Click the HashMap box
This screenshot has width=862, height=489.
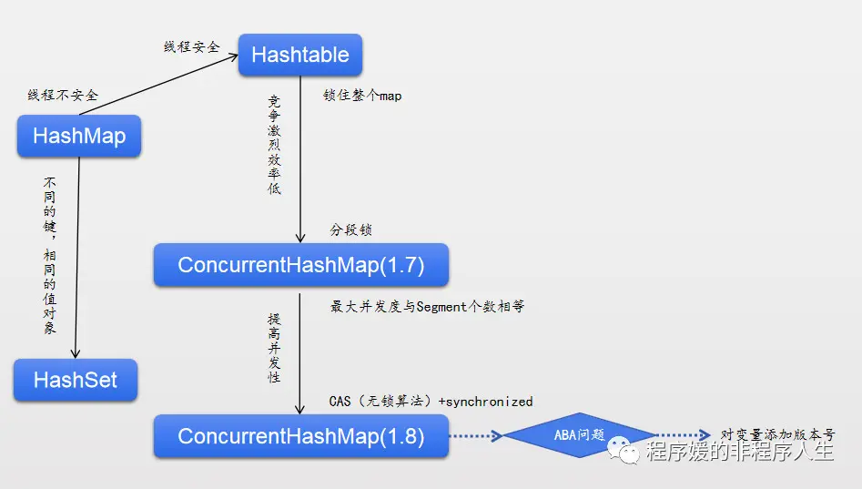[79, 137]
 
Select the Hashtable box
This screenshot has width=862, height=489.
[300, 55]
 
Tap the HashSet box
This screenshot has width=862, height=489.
[76, 380]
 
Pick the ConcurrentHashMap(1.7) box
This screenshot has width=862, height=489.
[301, 265]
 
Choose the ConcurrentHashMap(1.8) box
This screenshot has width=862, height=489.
[301, 435]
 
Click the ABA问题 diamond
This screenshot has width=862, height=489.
[579, 435]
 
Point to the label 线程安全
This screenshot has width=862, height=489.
[191, 46]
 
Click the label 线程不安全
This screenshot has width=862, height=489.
[63, 95]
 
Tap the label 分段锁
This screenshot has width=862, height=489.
[350, 230]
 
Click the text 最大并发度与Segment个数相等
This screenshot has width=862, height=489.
[427, 307]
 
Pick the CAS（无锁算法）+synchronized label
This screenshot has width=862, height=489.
[431, 401]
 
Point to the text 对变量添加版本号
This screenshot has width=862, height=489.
[776, 435]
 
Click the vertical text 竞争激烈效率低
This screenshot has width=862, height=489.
[275, 145]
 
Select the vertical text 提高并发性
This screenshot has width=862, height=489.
[274, 347]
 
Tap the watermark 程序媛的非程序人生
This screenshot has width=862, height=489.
[738, 451]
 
